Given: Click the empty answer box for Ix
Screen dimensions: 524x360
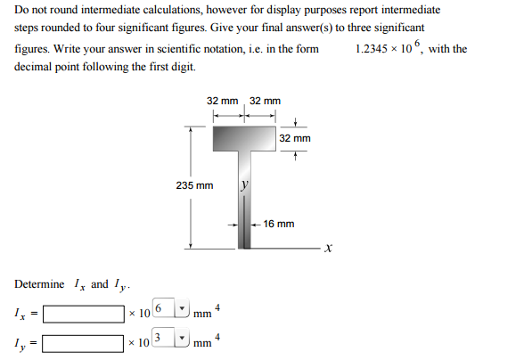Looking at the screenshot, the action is (x=83, y=315).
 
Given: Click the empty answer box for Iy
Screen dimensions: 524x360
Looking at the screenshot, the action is (x=83, y=343).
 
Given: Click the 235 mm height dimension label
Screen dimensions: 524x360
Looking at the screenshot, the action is (x=194, y=185).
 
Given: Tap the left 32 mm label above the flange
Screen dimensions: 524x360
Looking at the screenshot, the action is (x=222, y=102).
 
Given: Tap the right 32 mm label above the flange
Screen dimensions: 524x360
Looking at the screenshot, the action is (x=265, y=102).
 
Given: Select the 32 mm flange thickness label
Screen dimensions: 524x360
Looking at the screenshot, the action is (x=295, y=139).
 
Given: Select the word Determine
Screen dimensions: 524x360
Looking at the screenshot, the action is (x=39, y=284).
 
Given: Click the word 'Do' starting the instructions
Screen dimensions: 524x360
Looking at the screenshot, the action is (x=23, y=10).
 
